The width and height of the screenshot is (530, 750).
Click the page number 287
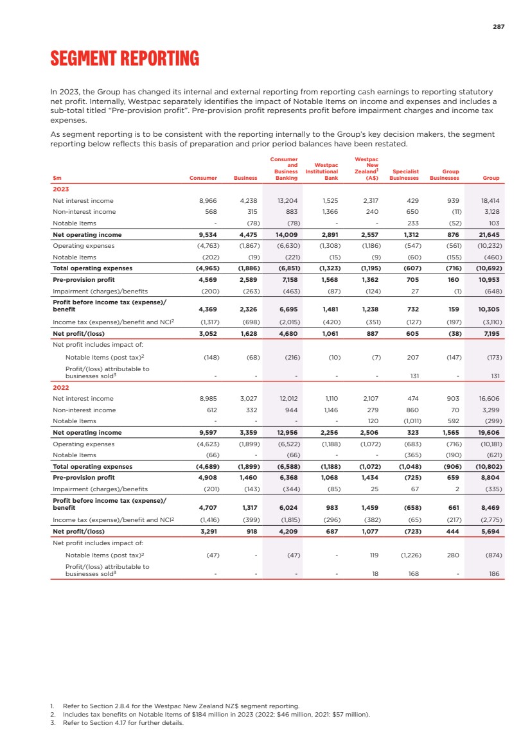[x=499, y=27]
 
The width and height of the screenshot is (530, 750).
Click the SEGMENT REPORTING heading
[x=125, y=59]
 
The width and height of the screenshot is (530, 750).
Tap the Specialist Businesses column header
[x=404, y=175]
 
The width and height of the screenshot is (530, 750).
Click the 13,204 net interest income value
[x=286, y=201]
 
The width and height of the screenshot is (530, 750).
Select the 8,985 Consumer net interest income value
[x=207, y=399]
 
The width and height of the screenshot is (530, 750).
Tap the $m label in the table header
[x=57, y=178]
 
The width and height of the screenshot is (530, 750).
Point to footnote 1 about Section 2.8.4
[x=174, y=706]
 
